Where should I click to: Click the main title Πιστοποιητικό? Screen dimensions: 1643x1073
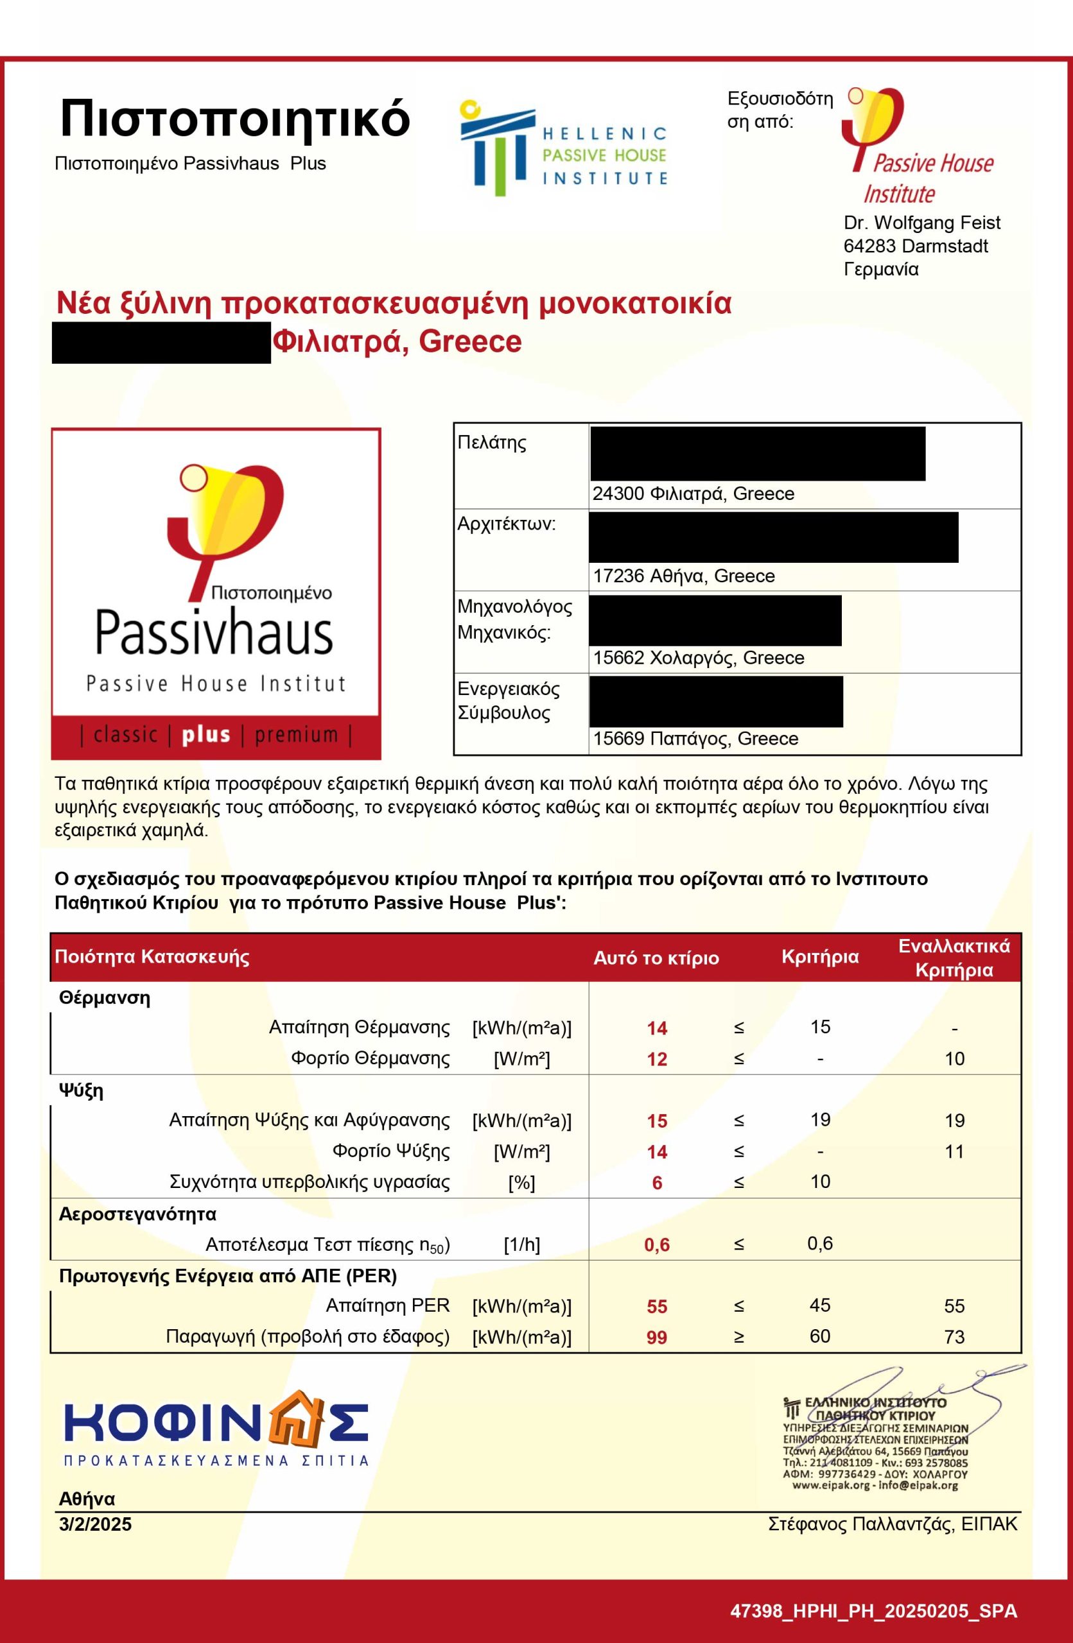(x=235, y=119)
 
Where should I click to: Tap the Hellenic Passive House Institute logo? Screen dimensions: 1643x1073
(x=563, y=148)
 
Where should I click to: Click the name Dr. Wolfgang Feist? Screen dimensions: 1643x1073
(x=921, y=223)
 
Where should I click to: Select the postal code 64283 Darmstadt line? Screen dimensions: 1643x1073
(x=915, y=246)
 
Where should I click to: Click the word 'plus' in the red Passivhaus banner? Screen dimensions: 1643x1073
(x=205, y=735)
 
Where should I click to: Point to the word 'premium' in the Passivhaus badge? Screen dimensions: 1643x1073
(x=296, y=735)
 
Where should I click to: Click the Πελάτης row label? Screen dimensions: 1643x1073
(x=492, y=442)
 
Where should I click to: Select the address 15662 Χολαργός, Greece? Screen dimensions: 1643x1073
(x=698, y=658)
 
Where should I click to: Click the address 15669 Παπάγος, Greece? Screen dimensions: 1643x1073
(x=695, y=739)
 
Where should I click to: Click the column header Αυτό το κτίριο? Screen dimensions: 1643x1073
(x=656, y=958)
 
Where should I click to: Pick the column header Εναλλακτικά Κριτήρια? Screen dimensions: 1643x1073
(x=954, y=958)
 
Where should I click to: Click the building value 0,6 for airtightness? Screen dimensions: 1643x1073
(x=657, y=1244)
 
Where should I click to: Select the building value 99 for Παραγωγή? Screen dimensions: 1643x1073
(x=657, y=1337)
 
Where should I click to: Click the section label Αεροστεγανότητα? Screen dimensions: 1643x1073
(x=137, y=1214)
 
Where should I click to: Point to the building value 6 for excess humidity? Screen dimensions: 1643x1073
(x=657, y=1183)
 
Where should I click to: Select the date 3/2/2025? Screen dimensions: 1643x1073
(x=95, y=1524)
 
